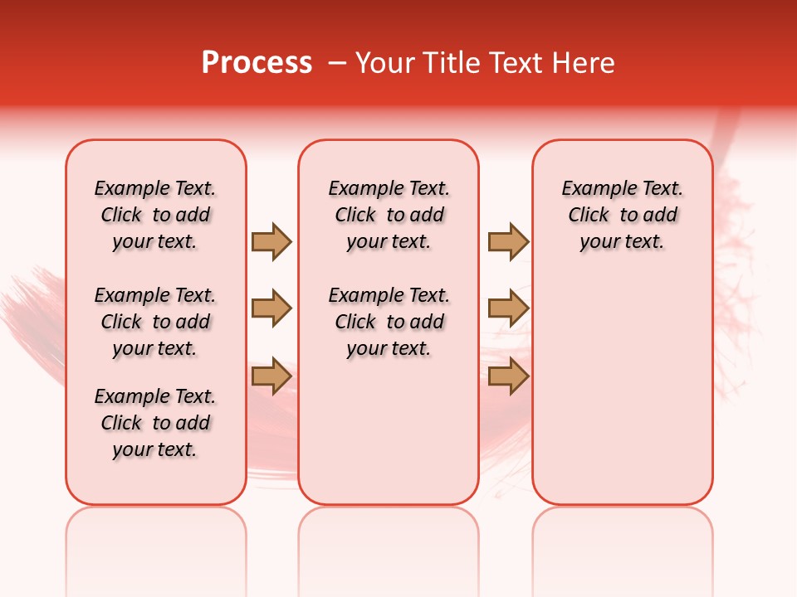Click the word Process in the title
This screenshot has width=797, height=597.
(257, 63)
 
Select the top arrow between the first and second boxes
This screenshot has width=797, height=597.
(271, 242)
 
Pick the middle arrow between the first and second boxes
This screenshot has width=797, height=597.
(271, 308)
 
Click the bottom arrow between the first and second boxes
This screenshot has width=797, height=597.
(271, 375)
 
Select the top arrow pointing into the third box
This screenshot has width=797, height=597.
(508, 242)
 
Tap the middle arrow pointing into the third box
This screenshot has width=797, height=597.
(508, 308)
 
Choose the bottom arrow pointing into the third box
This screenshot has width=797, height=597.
(508, 376)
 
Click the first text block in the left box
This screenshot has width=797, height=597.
(155, 215)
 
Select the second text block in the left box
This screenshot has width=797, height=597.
(155, 322)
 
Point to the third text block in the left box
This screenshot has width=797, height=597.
(155, 423)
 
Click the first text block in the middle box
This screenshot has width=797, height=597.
(389, 215)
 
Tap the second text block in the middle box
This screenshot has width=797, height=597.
(389, 322)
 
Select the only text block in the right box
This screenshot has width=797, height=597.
(622, 215)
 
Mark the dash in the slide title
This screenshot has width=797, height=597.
(337, 63)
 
